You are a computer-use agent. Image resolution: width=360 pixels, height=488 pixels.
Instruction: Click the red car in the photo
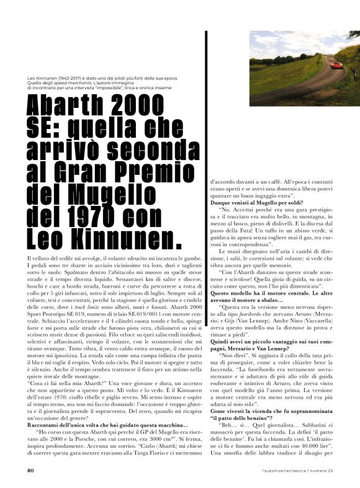coord(338,64)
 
